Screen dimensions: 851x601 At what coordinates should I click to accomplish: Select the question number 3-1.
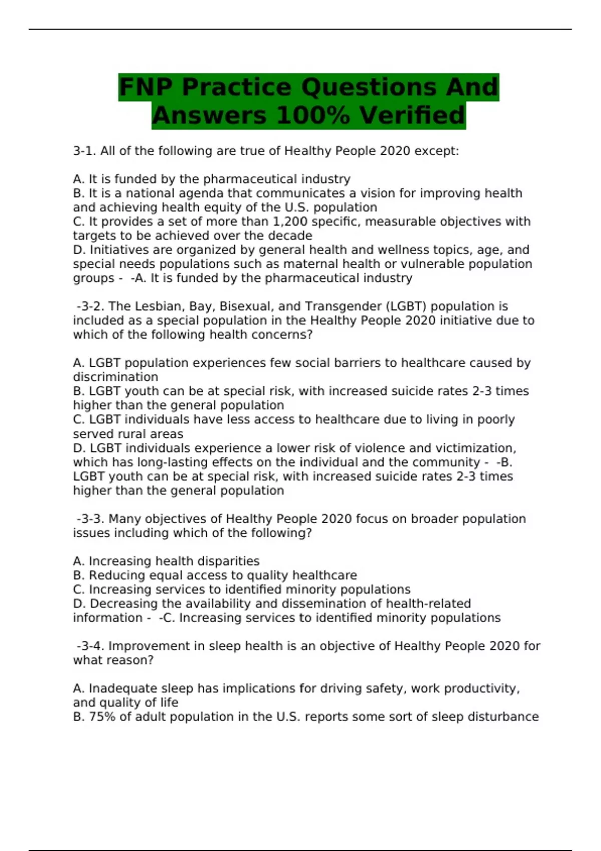click(x=84, y=151)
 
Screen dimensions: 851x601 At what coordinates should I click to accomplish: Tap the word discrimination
click(x=115, y=377)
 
